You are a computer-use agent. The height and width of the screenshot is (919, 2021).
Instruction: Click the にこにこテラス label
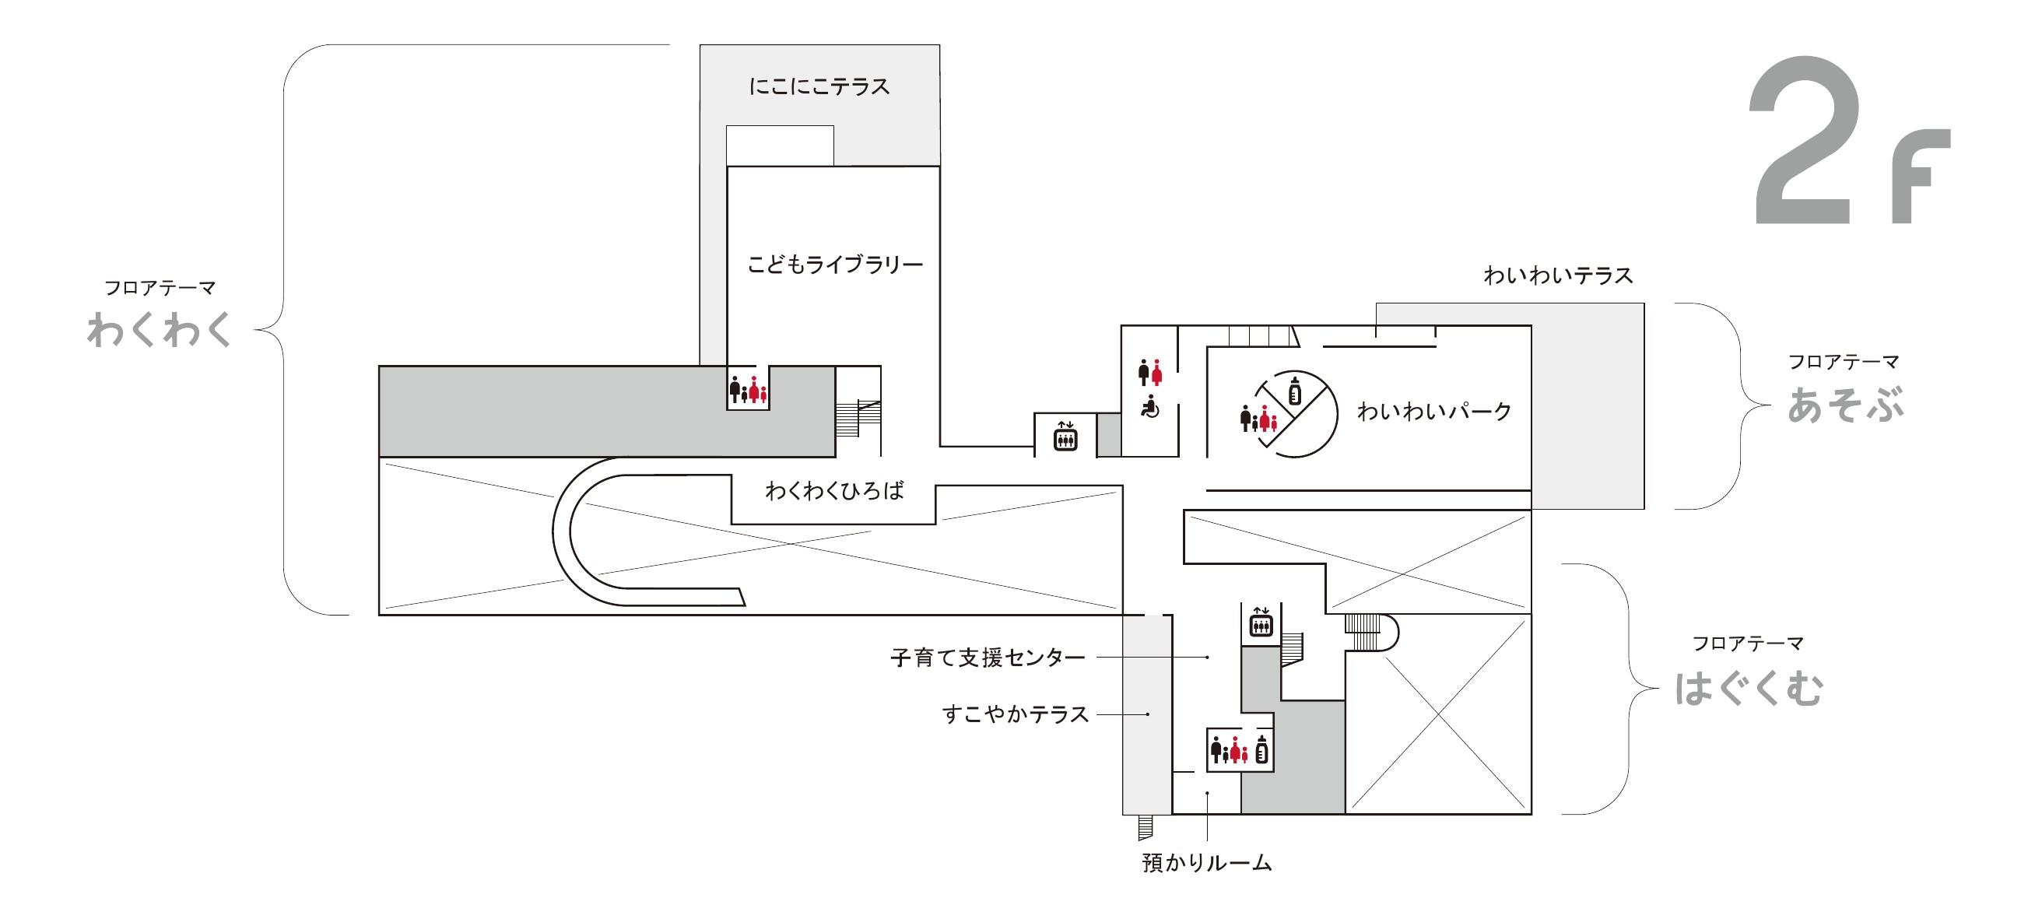pyautogui.click(x=819, y=86)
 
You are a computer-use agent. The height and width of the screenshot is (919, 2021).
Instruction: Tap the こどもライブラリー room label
pyautogui.click(x=835, y=265)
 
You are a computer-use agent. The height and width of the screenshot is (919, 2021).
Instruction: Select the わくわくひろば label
pyautogui.click(x=835, y=491)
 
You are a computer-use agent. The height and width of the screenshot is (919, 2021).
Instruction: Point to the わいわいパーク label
pyautogui.click(x=1434, y=411)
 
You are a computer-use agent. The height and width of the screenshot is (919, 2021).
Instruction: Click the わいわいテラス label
pyautogui.click(x=1558, y=275)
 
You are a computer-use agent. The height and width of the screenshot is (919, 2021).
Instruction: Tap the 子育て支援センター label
pyautogui.click(x=988, y=657)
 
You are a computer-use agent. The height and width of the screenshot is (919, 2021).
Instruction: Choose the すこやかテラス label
pyautogui.click(x=1016, y=714)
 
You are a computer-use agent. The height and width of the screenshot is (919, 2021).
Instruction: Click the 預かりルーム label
pyautogui.click(x=1207, y=863)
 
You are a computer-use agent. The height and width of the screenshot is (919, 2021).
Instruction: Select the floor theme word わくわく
pyautogui.click(x=160, y=330)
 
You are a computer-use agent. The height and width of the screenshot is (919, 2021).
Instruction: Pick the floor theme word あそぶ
pyautogui.click(x=1844, y=405)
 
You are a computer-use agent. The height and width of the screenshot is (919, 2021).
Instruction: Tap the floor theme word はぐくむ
pyautogui.click(x=1749, y=688)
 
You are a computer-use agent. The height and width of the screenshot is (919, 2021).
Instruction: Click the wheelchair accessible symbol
pyautogui.click(x=1150, y=408)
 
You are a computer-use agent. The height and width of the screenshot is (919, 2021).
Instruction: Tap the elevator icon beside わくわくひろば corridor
pyautogui.click(x=1065, y=436)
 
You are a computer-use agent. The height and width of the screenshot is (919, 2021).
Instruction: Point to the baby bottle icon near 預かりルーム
pyautogui.click(x=1261, y=750)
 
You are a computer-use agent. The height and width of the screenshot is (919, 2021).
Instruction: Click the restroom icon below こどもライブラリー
pyautogui.click(x=748, y=389)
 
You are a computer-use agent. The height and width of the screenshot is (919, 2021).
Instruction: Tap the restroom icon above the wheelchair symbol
pyautogui.click(x=1150, y=372)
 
